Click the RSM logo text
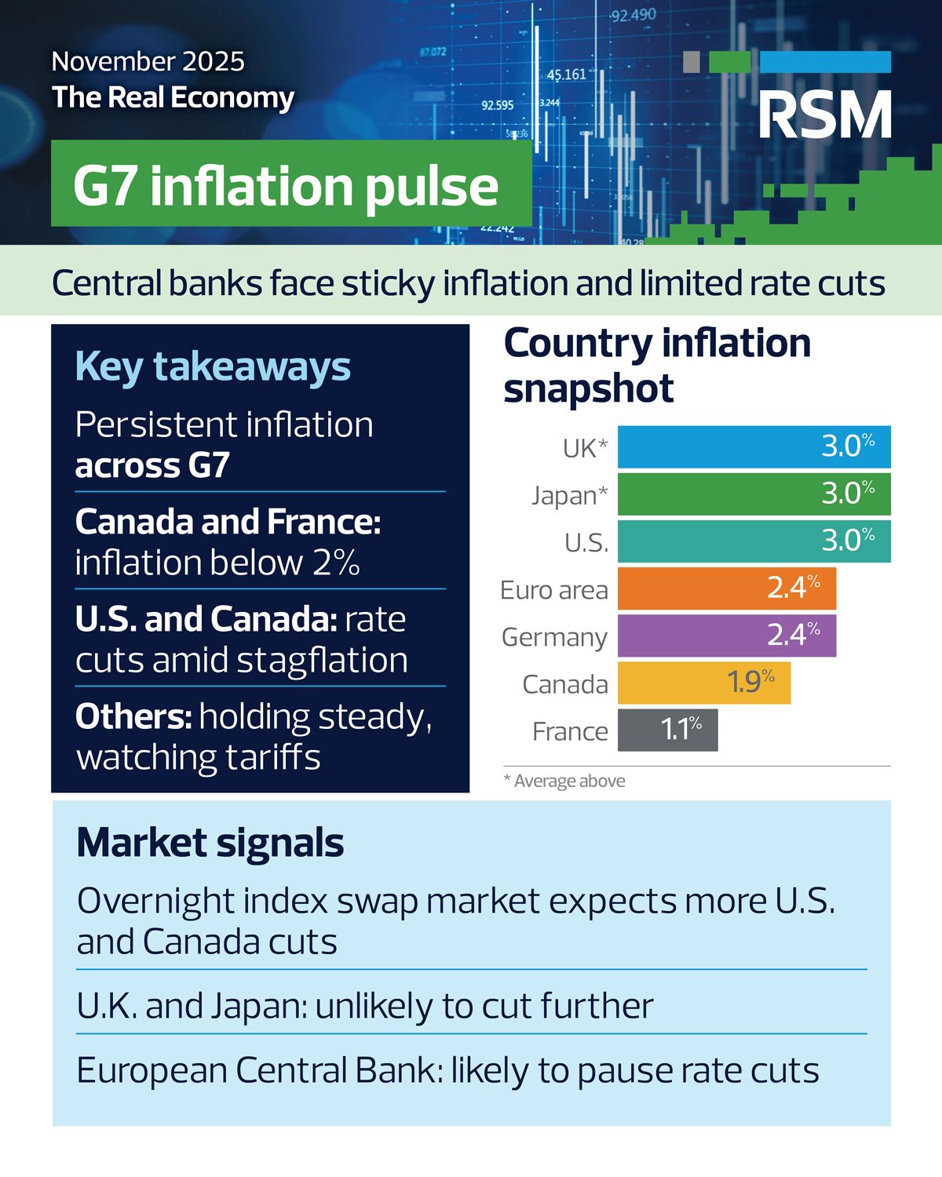[825, 115]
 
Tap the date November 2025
[148, 61]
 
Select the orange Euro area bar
[727, 588]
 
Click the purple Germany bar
[727, 636]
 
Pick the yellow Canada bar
[704, 683]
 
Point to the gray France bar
[668, 731]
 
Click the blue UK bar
[754, 446]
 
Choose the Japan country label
[569, 496]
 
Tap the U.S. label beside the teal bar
[586, 543]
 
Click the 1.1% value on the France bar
[681, 729]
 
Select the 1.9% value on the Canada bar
[750, 681]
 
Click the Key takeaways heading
[213, 367]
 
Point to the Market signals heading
[210, 843]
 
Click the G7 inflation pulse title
[286, 187]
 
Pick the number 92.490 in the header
[633, 16]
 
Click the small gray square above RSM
[692, 62]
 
